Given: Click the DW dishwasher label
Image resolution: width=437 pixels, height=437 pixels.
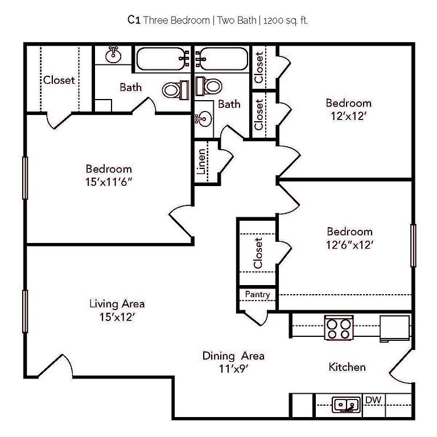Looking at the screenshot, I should tap(373, 400).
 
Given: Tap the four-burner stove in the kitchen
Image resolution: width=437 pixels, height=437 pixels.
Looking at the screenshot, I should tap(340, 327).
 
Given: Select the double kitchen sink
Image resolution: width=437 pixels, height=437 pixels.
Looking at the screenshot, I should tap(346, 405).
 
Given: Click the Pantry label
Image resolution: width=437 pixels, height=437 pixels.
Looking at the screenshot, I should tap(257, 294).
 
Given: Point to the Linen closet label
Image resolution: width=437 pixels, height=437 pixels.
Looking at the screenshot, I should tap(201, 162).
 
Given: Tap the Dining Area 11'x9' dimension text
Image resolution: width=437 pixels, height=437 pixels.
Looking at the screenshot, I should tap(233, 369).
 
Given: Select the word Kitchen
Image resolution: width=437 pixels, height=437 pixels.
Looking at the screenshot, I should tap(347, 367).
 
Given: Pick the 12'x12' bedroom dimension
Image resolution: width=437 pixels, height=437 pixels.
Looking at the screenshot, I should tap(348, 116).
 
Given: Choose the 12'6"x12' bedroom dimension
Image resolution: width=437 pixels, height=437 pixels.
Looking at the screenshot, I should tap(349, 245).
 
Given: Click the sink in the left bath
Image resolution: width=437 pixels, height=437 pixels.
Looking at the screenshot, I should tap(114, 55).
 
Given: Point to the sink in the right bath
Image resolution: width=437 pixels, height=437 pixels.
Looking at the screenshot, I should tap(203, 119).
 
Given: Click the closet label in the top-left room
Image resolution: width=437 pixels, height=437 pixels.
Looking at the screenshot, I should tap(59, 80).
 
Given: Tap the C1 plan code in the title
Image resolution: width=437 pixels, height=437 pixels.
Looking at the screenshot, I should tap(134, 20).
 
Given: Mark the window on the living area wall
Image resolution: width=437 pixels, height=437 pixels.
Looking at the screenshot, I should tap(25, 311).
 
